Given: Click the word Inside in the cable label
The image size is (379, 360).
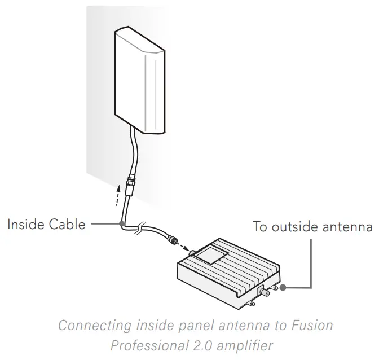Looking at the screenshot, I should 26,225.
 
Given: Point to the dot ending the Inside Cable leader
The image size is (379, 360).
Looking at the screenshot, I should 122,224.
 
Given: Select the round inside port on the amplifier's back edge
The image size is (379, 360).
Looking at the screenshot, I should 193,253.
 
